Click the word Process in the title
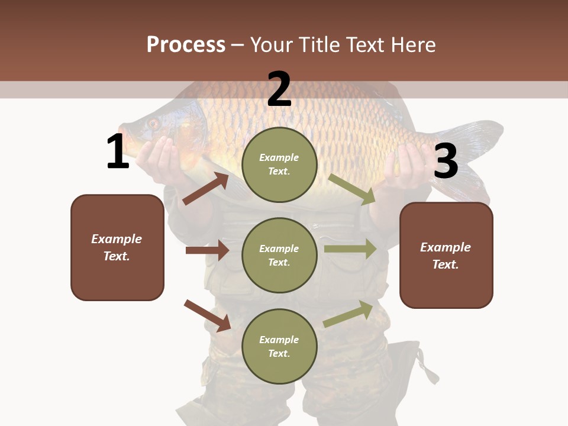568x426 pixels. tap(186, 44)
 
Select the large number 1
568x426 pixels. tap(118, 152)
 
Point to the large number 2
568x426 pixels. tap(279, 89)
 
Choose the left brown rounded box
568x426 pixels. tap(117, 247)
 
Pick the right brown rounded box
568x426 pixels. tap(446, 255)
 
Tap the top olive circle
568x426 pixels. tap(279, 164)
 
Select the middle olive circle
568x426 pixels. tap(279, 255)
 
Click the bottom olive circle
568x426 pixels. tap(279, 346)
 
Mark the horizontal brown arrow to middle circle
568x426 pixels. tap(207, 250)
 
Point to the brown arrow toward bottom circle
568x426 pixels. tap(207, 315)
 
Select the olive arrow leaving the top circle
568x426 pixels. tap(351, 189)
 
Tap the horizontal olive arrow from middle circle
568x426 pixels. tap(350, 248)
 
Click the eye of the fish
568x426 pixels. tap(153, 124)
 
